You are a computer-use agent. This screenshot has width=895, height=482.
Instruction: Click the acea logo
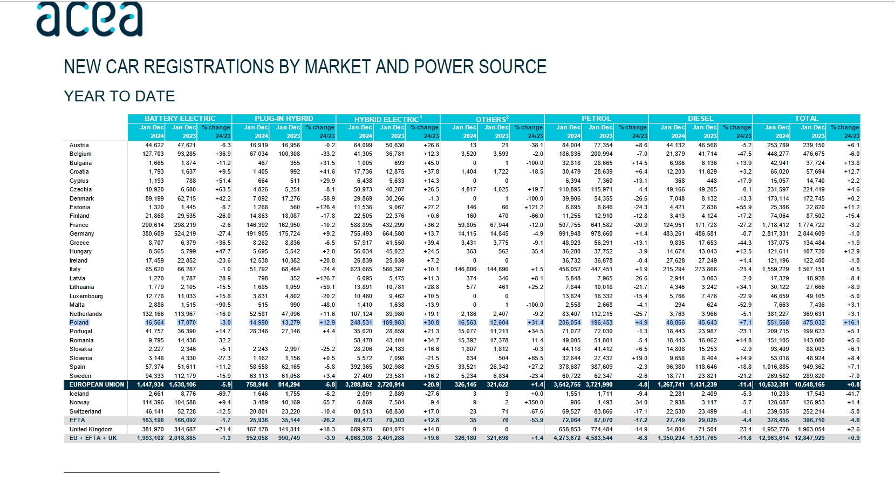(89, 19)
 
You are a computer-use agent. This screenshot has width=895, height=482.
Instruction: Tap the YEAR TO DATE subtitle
(119, 97)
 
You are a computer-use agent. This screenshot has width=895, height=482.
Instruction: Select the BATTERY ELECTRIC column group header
(180, 119)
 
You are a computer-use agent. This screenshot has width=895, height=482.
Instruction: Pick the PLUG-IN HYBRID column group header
(284, 119)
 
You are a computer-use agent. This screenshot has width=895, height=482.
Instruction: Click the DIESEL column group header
(700, 119)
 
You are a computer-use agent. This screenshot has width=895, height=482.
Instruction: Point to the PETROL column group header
(596, 119)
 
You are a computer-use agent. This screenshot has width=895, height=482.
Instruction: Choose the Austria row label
(79, 146)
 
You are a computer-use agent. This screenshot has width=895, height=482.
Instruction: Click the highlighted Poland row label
(79, 322)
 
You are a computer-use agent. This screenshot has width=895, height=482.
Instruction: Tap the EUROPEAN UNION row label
(97, 384)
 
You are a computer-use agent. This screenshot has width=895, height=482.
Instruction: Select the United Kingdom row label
(91, 429)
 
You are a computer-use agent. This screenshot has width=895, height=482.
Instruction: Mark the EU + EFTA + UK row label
(93, 438)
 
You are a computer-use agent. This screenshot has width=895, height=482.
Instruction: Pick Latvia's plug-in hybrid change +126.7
(325, 278)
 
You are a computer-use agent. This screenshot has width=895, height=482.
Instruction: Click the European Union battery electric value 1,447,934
(150, 384)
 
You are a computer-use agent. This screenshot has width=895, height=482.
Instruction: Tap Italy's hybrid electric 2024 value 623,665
(361, 270)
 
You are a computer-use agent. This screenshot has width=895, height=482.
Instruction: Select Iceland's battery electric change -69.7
(223, 394)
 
